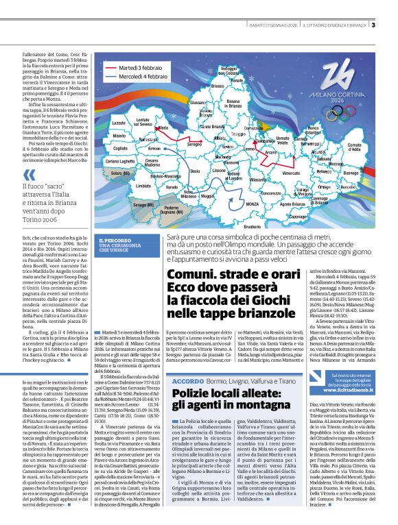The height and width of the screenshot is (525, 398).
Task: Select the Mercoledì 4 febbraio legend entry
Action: coord(143,77)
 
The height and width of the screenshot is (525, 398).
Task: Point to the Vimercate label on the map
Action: coord(291,174)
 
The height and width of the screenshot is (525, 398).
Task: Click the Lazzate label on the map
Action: coord(119,123)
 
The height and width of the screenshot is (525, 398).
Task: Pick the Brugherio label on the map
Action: coord(253,226)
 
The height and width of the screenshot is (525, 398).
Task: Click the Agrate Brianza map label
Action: coord(292,204)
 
